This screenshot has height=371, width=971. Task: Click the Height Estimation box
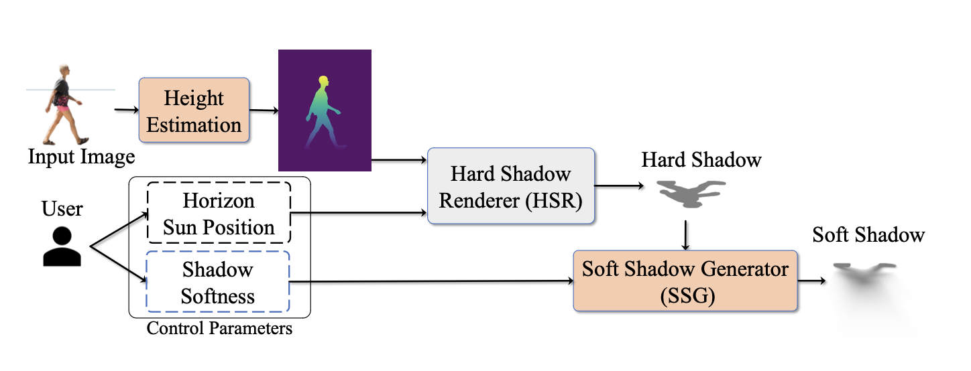coord(194,110)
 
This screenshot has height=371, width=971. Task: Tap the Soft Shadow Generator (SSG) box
coord(685,281)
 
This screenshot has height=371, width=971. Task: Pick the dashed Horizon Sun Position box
coord(219,213)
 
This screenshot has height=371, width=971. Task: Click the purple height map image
coord(325,110)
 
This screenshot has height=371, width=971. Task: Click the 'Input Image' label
coord(81,157)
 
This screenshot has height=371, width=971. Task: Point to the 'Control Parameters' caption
coord(219,329)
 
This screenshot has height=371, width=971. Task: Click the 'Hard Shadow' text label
coord(701,160)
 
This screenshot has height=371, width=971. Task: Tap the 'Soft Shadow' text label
coord(868,235)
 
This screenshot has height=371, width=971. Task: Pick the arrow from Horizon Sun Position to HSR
coord(359,214)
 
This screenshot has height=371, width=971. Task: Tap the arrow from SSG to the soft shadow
coord(813,281)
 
